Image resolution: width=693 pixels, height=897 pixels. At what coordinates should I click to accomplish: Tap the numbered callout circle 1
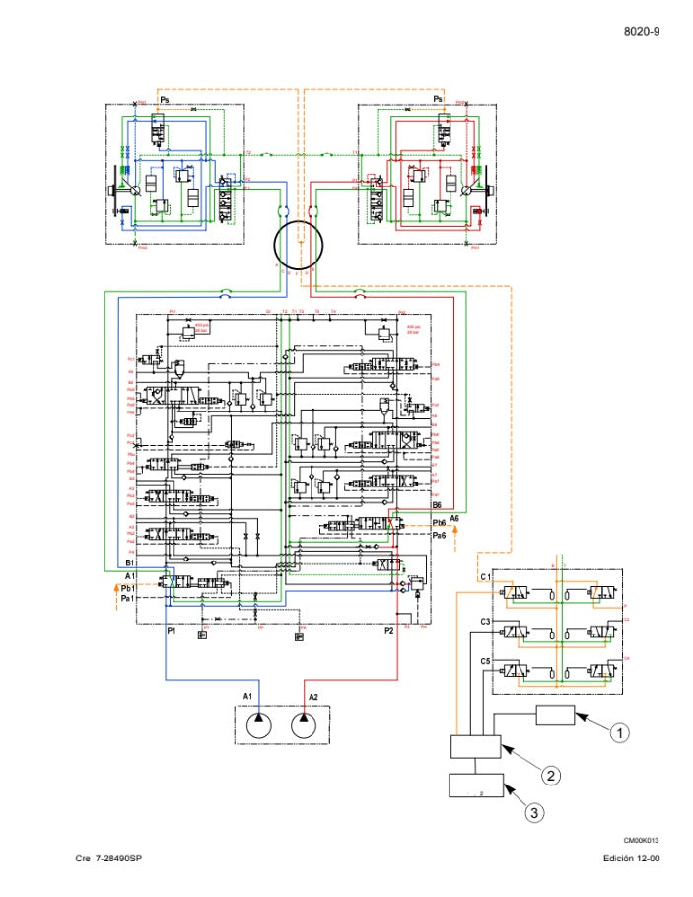point(619,732)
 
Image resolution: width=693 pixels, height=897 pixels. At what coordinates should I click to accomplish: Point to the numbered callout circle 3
point(533,813)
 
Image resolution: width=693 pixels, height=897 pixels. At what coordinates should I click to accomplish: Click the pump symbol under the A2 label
point(305,726)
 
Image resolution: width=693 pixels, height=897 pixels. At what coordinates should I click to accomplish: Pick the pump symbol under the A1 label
point(258,726)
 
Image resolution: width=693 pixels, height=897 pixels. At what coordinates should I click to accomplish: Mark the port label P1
point(172,630)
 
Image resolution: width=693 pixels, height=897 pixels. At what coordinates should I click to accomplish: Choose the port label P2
point(389,630)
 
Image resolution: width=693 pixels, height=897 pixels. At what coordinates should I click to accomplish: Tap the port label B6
point(437,505)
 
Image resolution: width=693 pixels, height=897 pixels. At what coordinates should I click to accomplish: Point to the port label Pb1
point(127,588)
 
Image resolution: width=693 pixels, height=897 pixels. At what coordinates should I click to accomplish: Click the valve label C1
point(485,576)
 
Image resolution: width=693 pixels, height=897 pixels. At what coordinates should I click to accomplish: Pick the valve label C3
point(485,621)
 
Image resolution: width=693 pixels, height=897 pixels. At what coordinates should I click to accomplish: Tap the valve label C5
point(485,660)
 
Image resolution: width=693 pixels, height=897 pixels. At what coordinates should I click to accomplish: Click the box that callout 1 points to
point(555,716)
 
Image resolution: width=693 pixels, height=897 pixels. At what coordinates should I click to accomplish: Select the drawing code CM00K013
point(641,840)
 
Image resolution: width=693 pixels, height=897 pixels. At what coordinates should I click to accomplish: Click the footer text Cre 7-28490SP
point(109,859)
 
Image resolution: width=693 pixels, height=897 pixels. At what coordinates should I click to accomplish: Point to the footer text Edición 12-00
point(632,859)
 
